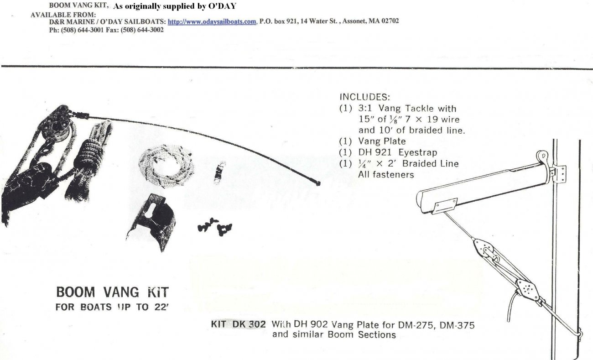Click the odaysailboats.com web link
[212, 22]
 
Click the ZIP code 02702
[390, 21]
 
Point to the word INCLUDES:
[365, 97]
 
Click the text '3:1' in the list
[365, 108]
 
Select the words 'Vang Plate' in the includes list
[382, 141]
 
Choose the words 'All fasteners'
[386, 175]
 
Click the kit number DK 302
[249, 324]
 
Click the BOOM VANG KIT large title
[112, 292]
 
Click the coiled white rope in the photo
[166, 166]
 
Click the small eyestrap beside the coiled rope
[219, 172]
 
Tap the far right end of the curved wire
[319, 183]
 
